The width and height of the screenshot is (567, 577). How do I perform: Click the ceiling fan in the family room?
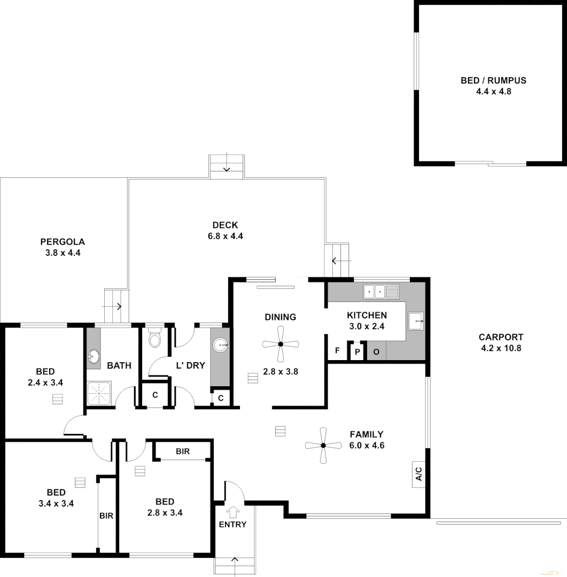tap(323, 445)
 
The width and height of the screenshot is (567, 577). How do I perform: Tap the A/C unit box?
tap(418, 473)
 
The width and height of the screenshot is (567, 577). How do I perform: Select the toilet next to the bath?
tap(154, 338)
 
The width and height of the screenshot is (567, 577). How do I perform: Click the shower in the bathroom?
tap(99, 394)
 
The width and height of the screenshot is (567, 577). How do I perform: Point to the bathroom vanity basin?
tap(94, 356)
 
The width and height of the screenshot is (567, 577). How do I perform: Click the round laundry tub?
tap(220, 346)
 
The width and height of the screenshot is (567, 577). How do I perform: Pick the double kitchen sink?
tap(381, 292)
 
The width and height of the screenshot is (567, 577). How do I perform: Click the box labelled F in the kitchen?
tap(337, 351)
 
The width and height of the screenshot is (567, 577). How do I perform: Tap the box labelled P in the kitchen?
tap(357, 352)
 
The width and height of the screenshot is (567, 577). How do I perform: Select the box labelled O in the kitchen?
tap(376, 352)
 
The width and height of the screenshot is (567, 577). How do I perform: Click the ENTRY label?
tap(232, 524)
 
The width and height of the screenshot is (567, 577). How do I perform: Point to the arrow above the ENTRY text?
tap(232, 512)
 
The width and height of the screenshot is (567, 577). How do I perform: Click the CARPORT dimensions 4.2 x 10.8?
tap(501, 348)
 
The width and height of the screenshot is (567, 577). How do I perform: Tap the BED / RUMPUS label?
tap(493, 81)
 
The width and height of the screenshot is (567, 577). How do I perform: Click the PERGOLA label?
tap(63, 241)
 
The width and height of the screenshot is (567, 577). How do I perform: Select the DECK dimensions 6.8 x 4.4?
tap(225, 236)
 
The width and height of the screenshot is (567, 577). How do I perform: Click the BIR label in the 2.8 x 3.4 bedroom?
tap(182, 451)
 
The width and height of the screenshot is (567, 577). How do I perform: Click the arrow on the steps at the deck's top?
tap(227, 168)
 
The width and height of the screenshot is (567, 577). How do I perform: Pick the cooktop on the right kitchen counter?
tap(416, 322)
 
